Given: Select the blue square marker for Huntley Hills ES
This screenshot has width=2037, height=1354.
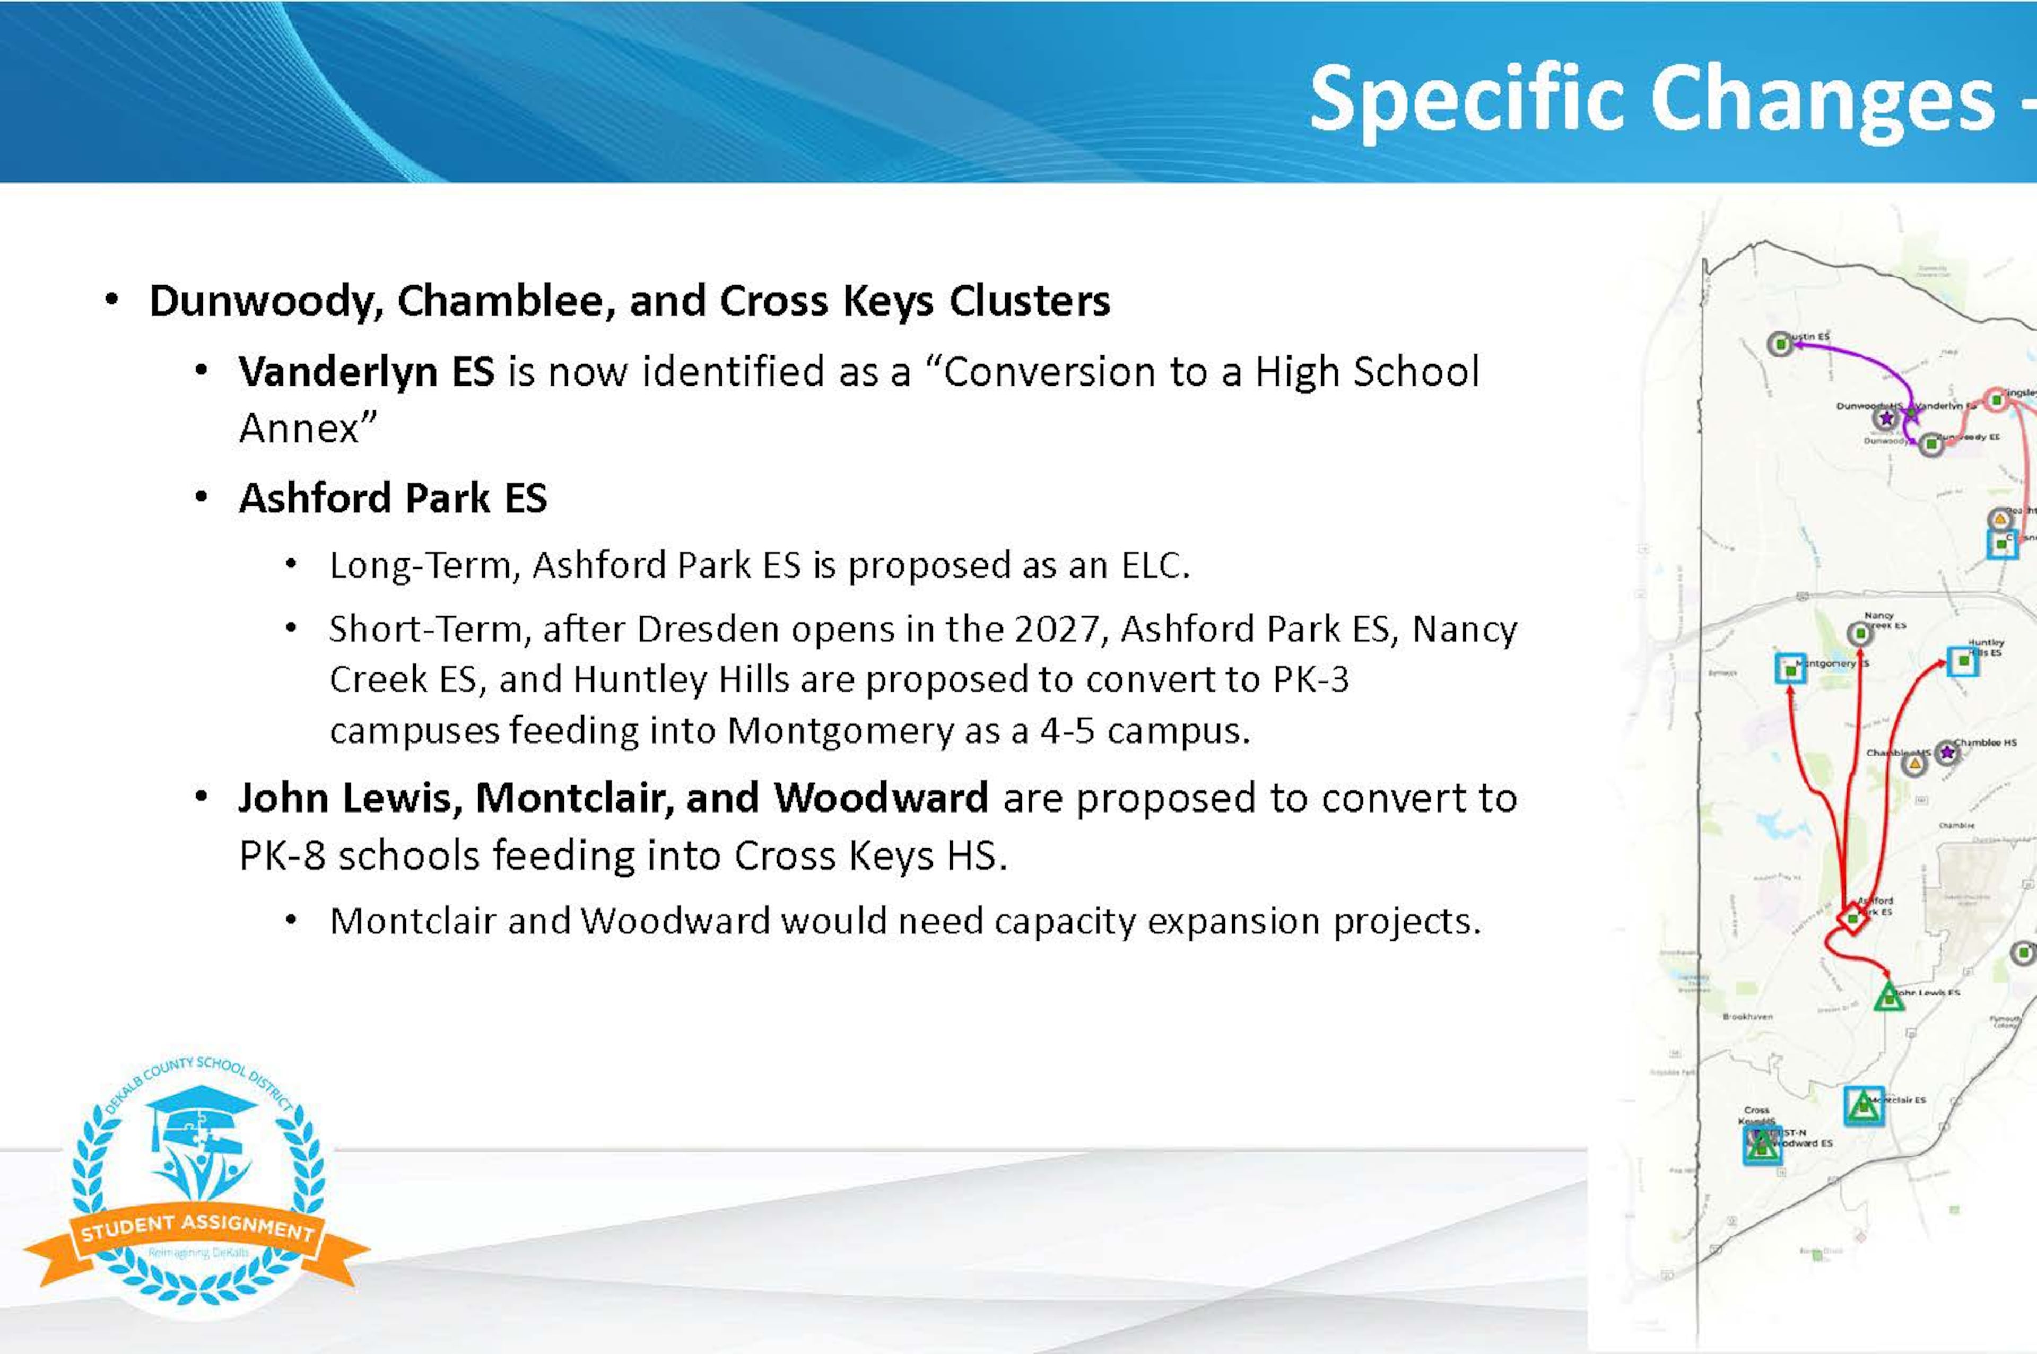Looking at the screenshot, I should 1963,661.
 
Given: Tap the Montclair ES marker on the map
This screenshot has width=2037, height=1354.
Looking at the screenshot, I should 1864,1106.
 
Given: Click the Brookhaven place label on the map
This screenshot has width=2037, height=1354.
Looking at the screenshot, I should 1747,1016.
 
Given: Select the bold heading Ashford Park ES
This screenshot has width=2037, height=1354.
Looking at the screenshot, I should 393,498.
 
